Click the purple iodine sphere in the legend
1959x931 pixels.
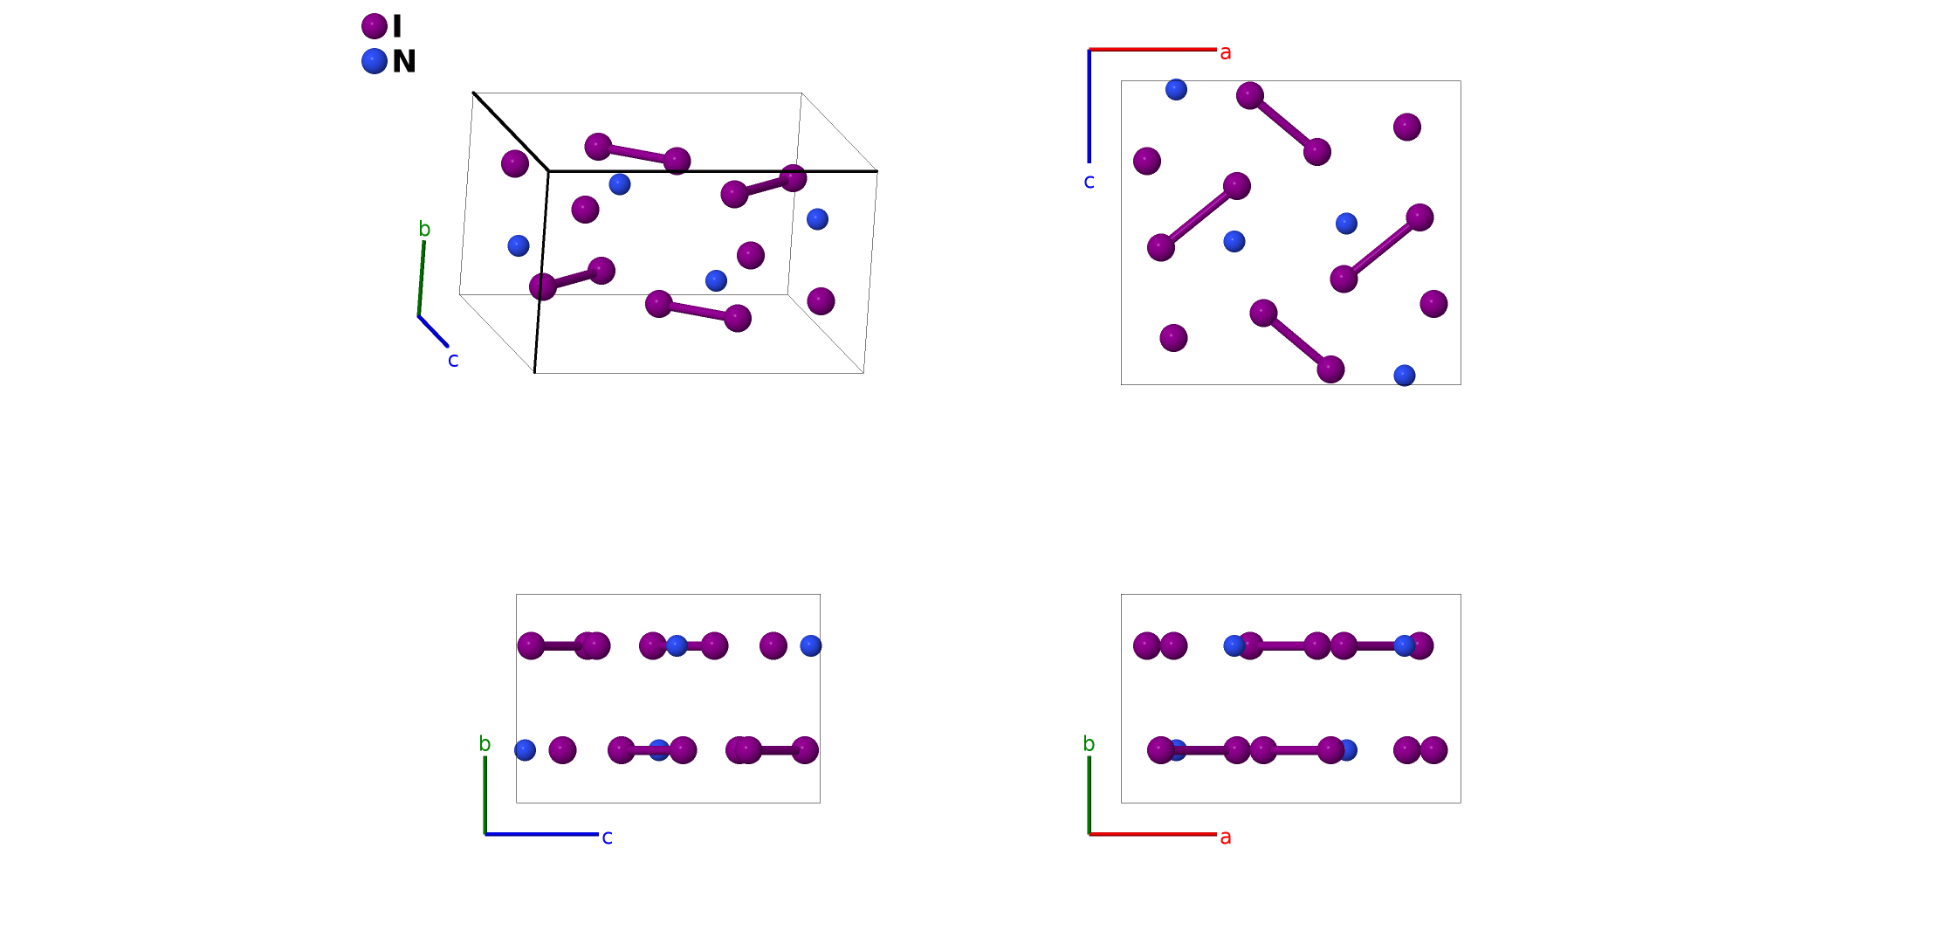(x=375, y=26)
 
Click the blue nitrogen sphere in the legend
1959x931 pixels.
(x=375, y=61)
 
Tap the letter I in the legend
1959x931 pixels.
(x=397, y=26)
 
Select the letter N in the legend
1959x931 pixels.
(x=404, y=61)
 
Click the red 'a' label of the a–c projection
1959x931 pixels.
(x=1226, y=52)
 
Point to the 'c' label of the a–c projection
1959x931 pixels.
(x=1089, y=182)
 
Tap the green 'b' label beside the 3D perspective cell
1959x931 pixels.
(x=424, y=229)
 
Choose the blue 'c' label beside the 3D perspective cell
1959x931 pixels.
(x=453, y=360)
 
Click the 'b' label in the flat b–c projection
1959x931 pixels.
(x=485, y=744)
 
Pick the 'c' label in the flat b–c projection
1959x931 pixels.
(x=608, y=838)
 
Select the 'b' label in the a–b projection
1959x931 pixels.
(x=1089, y=744)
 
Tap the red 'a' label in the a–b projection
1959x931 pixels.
(x=1226, y=838)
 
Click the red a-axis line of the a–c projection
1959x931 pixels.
(x=1152, y=50)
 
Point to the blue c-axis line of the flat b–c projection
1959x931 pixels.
(x=541, y=834)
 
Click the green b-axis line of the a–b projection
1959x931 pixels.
(x=1089, y=795)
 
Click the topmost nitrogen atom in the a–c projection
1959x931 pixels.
(x=1176, y=89)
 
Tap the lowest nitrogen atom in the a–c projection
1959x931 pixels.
(x=1405, y=376)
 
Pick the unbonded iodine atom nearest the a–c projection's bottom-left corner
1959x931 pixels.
(x=1173, y=338)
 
